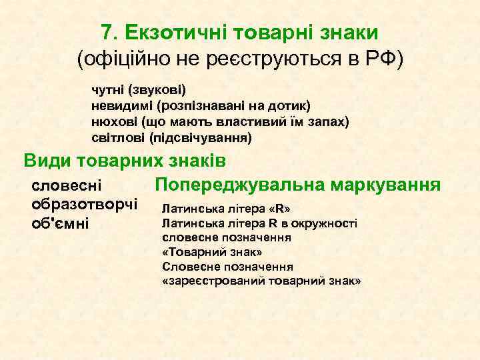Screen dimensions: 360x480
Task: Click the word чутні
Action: click(x=108, y=89)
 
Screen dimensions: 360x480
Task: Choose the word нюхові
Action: click(x=111, y=122)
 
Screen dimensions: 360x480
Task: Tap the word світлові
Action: click(x=117, y=139)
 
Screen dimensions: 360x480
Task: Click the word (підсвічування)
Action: click(x=201, y=139)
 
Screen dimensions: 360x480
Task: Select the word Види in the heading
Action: click(x=47, y=161)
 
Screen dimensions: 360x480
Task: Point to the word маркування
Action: click(x=393, y=183)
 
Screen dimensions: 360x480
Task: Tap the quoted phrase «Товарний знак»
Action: click(x=212, y=252)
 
